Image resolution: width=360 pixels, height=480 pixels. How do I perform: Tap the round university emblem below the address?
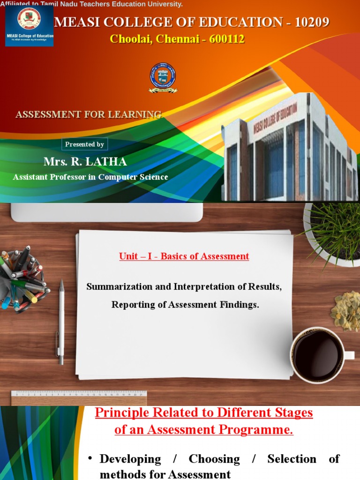pyautogui.click(x=163, y=77)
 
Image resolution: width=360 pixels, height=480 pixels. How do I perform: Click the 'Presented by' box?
pyautogui.click(x=85, y=144)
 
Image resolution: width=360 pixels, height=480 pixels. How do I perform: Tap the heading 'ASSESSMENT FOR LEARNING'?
pyautogui.click(x=89, y=114)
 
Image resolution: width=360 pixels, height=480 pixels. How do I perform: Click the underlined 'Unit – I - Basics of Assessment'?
pyautogui.click(x=184, y=256)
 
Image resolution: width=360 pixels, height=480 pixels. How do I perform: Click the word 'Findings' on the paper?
pyautogui.click(x=241, y=305)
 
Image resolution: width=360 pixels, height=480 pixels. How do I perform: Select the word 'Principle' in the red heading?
pyautogui.click(x=121, y=413)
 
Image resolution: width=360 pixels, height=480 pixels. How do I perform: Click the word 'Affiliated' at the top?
pyautogui.click(x=14, y=4)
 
